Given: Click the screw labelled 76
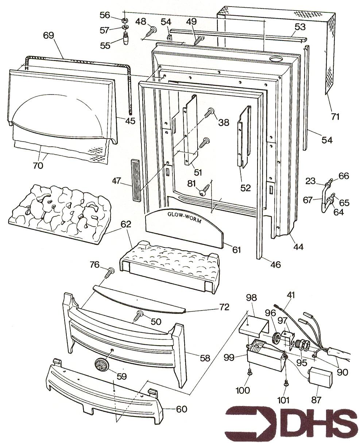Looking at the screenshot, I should [x=110, y=272].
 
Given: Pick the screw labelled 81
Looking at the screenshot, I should [x=204, y=189].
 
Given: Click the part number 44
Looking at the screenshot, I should [x=298, y=247].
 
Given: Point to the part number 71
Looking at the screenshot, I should [x=335, y=117].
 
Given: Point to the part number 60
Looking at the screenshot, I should [x=181, y=409].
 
